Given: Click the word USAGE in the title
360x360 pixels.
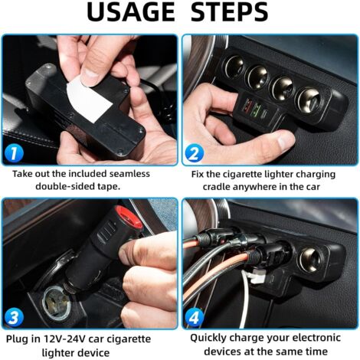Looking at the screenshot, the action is [x=131, y=12].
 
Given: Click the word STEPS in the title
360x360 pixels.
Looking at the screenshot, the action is [x=229, y=12].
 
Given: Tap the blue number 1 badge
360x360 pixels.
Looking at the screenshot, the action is [x=14, y=153].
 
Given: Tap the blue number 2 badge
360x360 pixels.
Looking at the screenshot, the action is [x=195, y=154].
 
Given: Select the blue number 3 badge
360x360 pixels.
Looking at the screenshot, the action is [x=14, y=318].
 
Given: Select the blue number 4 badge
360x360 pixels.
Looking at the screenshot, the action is [x=195, y=317].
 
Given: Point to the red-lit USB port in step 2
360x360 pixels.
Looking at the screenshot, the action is [x=247, y=106].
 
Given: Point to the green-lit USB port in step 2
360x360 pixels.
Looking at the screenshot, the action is [x=257, y=108].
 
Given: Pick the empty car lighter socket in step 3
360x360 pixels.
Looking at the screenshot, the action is [x=57, y=303].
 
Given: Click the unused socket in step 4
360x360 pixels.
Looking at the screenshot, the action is [x=310, y=259].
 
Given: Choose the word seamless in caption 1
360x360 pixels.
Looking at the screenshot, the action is [x=129, y=174].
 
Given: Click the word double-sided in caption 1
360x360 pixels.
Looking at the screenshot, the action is [x=65, y=187].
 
